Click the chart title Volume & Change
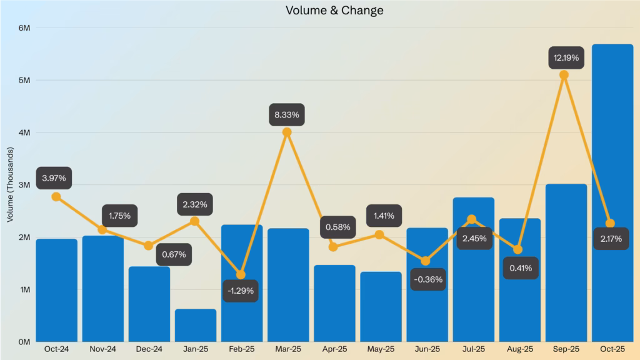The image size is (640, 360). click(334, 11)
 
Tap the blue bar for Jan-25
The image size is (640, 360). click(195, 325)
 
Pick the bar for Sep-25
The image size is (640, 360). click(566, 262)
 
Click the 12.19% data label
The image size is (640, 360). click(566, 58)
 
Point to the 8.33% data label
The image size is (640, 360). click(287, 115)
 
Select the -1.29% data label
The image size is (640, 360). click(241, 291)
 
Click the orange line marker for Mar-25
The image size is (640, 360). click(287, 132)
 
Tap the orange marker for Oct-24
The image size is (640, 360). click(56, 196)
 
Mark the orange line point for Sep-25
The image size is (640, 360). click(564, 75)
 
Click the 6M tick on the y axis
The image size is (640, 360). click(24, 28)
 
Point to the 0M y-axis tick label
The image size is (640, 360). click(24, 342)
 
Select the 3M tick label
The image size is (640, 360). click(24, 185)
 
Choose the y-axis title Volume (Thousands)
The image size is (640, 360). click(10, 185)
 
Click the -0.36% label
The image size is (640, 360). click(428, 279)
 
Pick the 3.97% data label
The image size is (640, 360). click(54, 178)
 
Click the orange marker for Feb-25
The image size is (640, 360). click(241, 274)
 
